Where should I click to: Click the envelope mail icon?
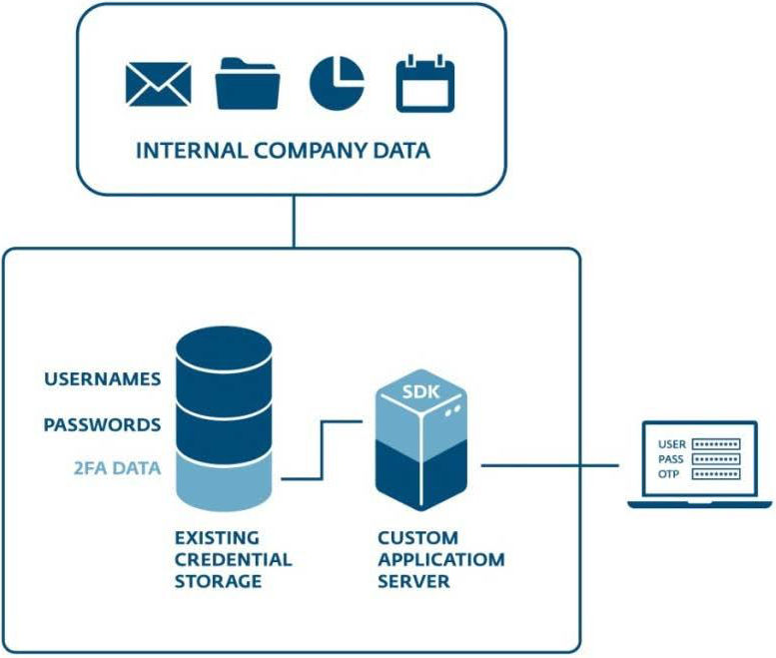tap(158, 84)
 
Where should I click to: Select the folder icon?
tap(248, 84)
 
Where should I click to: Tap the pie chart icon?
tap(337, 83)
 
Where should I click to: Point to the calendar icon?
tap(425, 84)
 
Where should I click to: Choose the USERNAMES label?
tap(102, 378)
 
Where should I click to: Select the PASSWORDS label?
tap(102, 424)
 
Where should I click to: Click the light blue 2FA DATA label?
tap(118, 467)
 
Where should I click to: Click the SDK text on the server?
tap(420, 390)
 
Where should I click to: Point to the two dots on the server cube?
tap(452, 409)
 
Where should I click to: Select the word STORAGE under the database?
tap(218, 581)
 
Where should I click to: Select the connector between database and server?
tap(320, 449)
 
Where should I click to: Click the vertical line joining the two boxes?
tap(294, 221)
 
